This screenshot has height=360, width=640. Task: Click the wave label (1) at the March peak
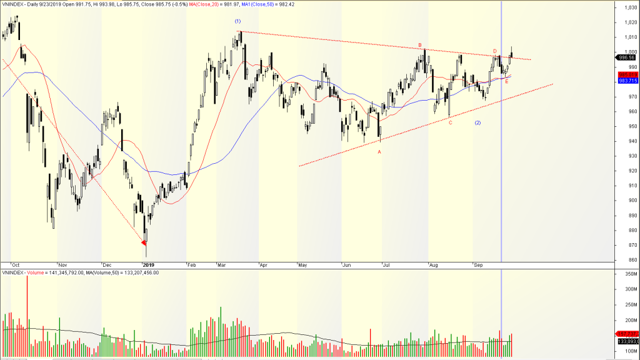tap(237, 22)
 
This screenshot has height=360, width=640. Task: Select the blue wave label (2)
tap(477, 122)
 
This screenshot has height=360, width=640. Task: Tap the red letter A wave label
tap(379, 152)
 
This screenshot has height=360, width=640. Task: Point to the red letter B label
tap(420, 45)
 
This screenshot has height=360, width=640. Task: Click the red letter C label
tap(450, 122)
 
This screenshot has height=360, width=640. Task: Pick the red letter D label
tap(494, 51)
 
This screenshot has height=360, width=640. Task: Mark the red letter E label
tap(506, 82)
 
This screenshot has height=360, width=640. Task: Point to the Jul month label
tap(387, 265)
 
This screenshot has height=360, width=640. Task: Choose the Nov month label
tap(62, 265)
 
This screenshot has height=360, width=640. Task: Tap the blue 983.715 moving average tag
tap(627, 81)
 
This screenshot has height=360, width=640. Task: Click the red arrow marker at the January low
tap(144, 242)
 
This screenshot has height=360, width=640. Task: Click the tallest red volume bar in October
tap(27, 316)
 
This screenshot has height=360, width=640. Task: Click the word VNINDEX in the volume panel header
tap(12, 272)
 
